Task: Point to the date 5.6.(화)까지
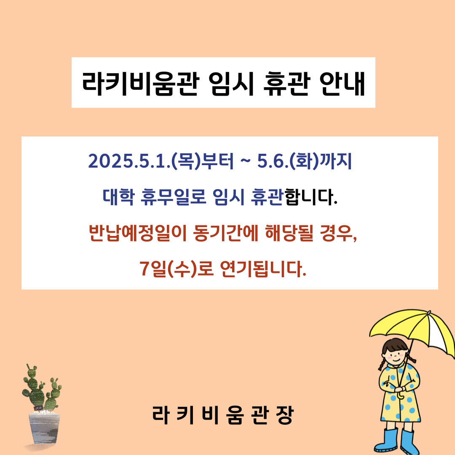(x=305, y=161)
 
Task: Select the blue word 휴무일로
(x=173, y=197)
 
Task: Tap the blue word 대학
(x=118, y=197)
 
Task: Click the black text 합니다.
(x=311, y=197)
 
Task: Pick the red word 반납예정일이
(x=137, y=233)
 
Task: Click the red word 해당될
(x=289, y=233)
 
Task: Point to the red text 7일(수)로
(x=177, y=269)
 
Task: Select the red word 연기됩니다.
(x=263, y=269)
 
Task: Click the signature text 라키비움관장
(x=223, y=415)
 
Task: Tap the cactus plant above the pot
(x=42, y=388)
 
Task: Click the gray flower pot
(x=44, y=428)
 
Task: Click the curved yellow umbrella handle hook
(x=401, y=396)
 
